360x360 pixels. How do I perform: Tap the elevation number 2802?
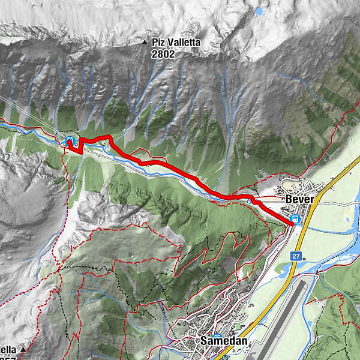(163, 53)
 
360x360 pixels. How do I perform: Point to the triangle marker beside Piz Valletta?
(145, 43)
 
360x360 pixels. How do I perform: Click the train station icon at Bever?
(295, 220)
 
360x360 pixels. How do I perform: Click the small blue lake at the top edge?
(259, 10)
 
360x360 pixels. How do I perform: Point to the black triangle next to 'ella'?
(23, 349)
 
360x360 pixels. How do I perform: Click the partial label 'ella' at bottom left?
(8, 349)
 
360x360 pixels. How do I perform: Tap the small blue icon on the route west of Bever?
(248, 202)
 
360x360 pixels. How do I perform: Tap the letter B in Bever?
(288, 199)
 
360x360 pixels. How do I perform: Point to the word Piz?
(158, 43)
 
